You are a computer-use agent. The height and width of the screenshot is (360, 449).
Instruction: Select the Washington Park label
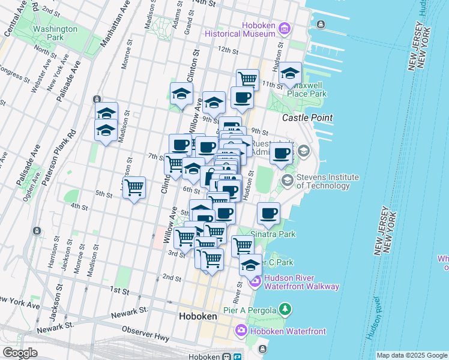pos(55,32)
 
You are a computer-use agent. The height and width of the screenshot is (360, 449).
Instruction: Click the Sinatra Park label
pos(273,234)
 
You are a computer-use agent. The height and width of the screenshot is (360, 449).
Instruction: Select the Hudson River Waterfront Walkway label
pos(301,282)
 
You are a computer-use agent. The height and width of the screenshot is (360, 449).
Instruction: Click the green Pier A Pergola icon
pos(286,310)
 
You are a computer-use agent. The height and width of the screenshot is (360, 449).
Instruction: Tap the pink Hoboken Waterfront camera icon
pos(241,331)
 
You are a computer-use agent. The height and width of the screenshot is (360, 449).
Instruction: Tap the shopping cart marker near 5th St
pos(134,188)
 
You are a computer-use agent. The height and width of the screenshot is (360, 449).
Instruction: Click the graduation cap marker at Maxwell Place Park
pos(291,74)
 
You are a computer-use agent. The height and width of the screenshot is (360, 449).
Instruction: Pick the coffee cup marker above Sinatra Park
pos(268,212)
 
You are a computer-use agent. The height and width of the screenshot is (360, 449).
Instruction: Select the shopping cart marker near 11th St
pos(247,79)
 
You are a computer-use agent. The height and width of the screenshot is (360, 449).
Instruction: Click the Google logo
pos(20,353)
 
